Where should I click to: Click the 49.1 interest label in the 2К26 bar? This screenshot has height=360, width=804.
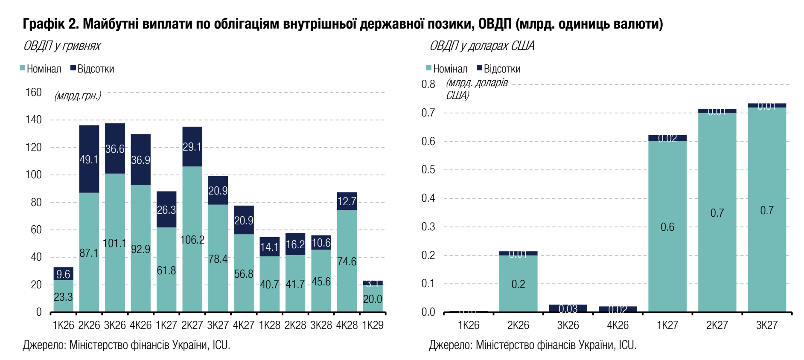(89, 160)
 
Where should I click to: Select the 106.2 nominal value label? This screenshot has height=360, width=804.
(192, 240)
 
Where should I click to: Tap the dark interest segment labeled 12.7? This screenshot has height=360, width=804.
(347, 201)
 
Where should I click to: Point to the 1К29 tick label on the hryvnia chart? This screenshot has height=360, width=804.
(373, 325)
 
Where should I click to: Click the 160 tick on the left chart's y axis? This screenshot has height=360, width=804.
(34, 93)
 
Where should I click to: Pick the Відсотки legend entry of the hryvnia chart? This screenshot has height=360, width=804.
(92, 69)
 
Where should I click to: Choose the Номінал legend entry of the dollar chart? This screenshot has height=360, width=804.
(447, 69)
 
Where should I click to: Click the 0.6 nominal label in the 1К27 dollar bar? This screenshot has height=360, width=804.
(667, 227)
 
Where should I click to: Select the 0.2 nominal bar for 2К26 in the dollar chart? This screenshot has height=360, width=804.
(518, 284)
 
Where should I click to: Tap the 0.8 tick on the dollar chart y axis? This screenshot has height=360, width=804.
(428, 84)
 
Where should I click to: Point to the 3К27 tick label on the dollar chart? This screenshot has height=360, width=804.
(766, 325)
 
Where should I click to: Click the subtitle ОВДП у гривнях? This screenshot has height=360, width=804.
(62, 46)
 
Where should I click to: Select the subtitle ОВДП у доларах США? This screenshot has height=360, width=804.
(482, 46)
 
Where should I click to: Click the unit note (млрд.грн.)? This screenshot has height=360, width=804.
(78, 96)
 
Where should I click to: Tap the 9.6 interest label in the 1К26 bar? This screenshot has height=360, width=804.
(63, 274)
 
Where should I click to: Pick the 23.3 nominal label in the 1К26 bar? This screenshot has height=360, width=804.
(63, 297)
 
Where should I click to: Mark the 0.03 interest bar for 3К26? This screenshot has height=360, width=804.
(568, 308)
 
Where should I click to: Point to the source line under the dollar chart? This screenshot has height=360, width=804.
(533, 345)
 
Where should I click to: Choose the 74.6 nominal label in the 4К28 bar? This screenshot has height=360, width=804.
(347, 261)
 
